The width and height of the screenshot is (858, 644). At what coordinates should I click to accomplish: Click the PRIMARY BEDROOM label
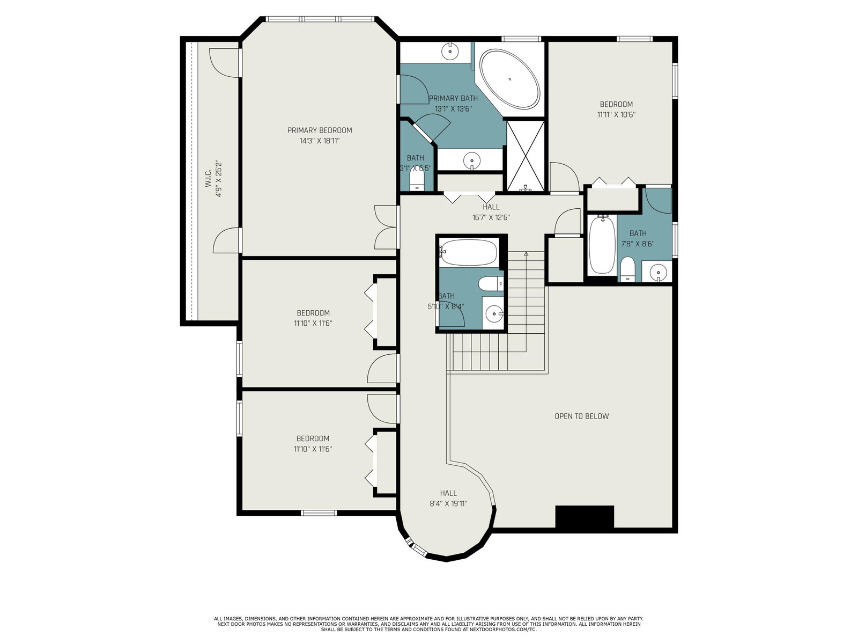click(320, 130)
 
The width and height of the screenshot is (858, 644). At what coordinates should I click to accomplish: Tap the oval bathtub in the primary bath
click(510, 79)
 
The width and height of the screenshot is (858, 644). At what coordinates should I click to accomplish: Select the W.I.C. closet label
click(208, 178)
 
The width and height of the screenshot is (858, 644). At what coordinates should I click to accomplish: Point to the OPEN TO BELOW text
click(582, 416)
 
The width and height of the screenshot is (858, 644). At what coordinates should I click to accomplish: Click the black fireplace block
click(585, 516)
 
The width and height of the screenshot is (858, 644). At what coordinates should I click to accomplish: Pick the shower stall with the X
click(526, 156)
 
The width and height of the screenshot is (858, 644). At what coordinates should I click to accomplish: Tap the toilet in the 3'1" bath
click(417, 181)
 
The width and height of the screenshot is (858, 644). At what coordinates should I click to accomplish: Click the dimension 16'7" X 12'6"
click(491, 217)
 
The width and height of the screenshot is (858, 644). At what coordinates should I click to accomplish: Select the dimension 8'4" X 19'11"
click(448, 503)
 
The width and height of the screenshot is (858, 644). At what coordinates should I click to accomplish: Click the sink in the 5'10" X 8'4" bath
click(494, 313)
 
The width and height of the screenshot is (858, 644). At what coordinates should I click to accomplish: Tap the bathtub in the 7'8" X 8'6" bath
click(602, 245)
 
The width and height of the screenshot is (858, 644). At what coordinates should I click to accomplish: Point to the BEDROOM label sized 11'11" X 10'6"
click(616, 105)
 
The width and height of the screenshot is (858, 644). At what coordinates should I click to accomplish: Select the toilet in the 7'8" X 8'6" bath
click(628, 269)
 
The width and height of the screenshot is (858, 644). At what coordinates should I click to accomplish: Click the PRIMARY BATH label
click(453, 98)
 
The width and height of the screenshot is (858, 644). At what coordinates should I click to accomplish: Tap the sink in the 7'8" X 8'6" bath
click(659, 272)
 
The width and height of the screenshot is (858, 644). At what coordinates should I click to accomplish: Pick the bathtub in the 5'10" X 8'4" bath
click(468, 252)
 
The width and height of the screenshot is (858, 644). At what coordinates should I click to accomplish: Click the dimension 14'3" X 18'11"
click(320, 141)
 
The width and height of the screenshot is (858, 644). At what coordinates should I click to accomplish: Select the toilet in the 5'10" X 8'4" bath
click(491, 283)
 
